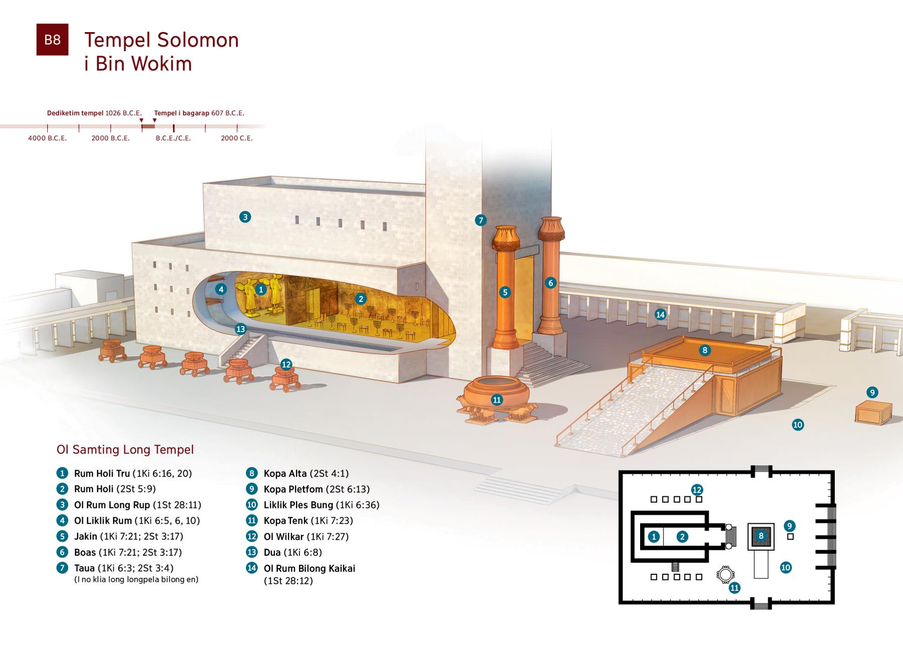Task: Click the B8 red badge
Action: [52, 40]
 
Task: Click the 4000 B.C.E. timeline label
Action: [47, 138]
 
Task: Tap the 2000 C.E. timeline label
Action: [237, 138]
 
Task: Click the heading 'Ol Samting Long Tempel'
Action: [125, 449]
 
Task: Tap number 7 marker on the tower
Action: [481, 220]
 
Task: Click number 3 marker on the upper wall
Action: [245, 217]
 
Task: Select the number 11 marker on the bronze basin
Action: [497, 400]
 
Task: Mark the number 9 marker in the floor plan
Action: [790, 526]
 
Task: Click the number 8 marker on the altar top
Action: [705, 350]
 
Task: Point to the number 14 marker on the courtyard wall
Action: [660, 314]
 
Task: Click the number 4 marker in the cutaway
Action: [221, 289]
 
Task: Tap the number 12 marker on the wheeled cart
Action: [286, 365]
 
